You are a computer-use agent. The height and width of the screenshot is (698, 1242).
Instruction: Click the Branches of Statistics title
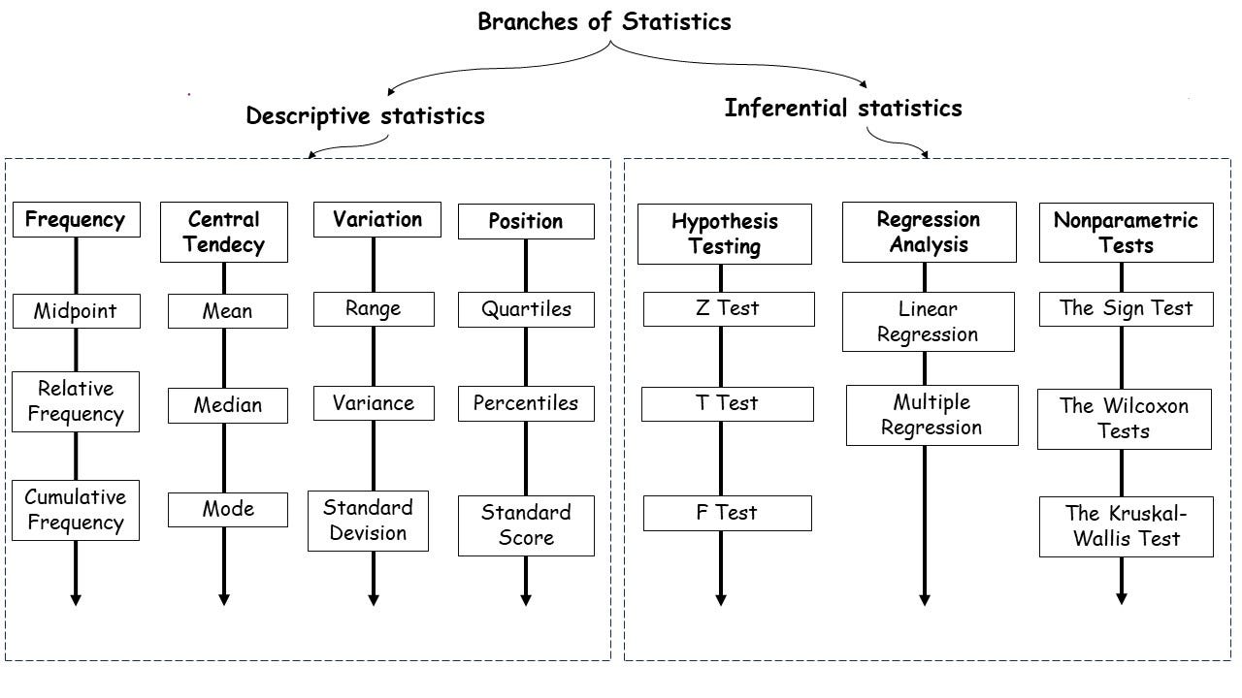tap(604, 21)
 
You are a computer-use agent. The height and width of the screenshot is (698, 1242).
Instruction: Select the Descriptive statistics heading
tap(365, 116)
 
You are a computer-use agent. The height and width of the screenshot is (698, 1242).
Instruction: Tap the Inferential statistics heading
tap(842, 108)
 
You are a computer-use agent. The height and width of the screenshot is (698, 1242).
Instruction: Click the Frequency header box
tap(76, 220)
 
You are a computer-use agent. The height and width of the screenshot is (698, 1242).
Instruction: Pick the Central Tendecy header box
tap(224, 233)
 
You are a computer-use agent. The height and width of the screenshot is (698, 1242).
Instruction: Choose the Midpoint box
tap(76, 311)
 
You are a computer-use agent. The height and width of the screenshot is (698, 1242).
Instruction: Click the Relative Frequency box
tap(76, 401)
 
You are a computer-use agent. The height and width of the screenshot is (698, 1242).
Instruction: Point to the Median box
tap(227, 405)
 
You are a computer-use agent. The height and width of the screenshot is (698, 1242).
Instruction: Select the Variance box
tap(374, 403)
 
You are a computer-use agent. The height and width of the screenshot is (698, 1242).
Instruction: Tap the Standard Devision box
tap(368, 521)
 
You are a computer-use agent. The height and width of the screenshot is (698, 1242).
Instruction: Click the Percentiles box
tap(526, 403)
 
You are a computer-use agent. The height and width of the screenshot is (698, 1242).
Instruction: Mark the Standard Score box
tap(526, 525)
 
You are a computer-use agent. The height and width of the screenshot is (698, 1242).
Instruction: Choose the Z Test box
tap(728, 309)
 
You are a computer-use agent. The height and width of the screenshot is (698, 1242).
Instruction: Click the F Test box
tap(727, 513)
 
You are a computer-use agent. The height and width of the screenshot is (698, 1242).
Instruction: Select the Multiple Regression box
tap(931, 415)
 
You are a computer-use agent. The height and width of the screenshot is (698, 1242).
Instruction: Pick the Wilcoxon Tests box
tap(1124, 419)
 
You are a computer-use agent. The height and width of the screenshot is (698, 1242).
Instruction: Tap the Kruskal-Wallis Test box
tap(1126, 526)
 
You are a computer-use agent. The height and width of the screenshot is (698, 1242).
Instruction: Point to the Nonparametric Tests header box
tap(1126, 233)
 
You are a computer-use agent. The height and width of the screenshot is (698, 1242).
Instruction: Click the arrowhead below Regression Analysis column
tap(925, 599)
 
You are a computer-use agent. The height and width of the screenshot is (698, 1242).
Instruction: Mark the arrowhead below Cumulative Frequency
tap(76, 600)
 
